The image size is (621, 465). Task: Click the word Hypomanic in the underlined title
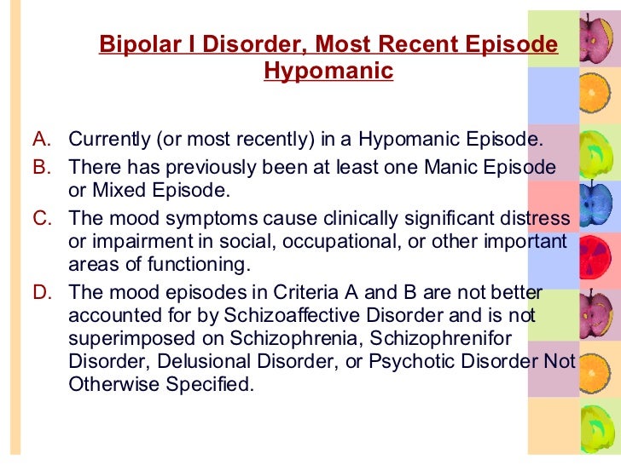(328, 70)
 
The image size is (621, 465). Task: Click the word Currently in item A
(106, 139)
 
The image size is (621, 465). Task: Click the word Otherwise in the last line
(110, 383)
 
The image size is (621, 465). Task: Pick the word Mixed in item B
(111, 188)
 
